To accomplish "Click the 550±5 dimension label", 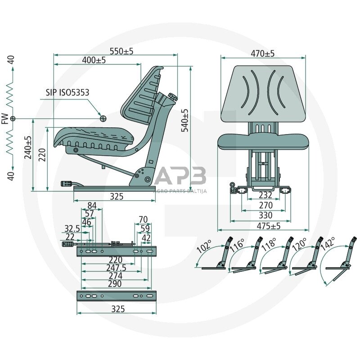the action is (x=121, y=51).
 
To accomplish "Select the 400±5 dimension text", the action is (x=94, y=60).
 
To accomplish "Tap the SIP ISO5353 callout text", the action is (x=67, y=93).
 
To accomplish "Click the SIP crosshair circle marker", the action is (x=103, y=118).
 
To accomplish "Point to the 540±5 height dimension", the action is (x=185, y=120).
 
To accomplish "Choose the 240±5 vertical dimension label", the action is (x=28, y=148).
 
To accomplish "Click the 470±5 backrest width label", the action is (x=263, y=54).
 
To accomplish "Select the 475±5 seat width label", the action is (x=269, y=226).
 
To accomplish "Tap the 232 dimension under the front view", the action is (x=265, y=195).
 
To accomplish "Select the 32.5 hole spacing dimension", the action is (x=72, y=229).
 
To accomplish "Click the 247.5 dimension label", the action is (x=117, y=268).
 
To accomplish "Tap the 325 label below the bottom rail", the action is (x=118, y=309).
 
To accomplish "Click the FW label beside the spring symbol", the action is (x=5, y=119).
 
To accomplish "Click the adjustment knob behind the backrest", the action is (x=173, y=96).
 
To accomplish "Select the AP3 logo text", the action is (x=180, y=176).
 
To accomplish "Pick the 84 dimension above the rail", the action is (x=92, y=206).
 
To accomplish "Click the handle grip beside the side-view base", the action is (x=66, y=184).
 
